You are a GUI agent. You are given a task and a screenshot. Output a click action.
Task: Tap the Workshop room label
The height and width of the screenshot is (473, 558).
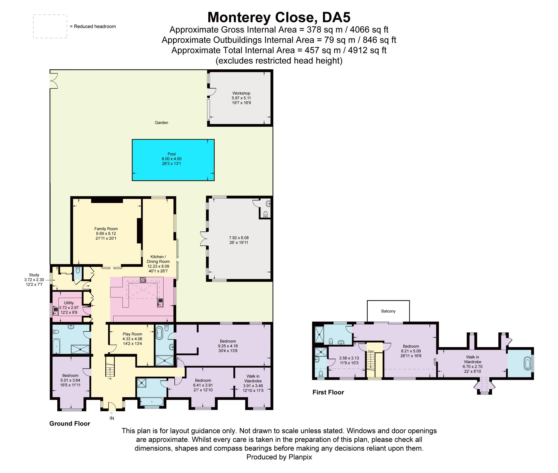pyautogui.click(x=241, y=93)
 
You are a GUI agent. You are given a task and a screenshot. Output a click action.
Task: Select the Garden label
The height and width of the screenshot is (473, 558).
pyautogui.click(x=161, y=123)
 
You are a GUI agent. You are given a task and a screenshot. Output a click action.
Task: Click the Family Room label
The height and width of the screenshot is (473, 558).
pyautogui.click(x=106, y=229)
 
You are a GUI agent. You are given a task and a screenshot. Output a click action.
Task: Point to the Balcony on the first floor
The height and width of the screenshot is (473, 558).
pyautogui.click(x=388, y=311)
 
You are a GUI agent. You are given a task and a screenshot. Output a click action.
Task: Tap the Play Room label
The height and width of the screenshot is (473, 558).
pyautogui.click(x=132, y=334)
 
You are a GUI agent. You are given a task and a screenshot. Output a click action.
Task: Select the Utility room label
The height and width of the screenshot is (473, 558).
pyautogui.click(x=69, y=303)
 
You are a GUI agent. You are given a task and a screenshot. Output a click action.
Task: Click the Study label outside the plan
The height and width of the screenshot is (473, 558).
pyautogui.click(x=34, y=275)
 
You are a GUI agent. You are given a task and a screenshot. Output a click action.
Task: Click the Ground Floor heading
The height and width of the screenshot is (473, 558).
pyautogui.click(x=70, y=423)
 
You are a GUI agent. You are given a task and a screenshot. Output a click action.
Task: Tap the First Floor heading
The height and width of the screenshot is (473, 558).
pyautogui.click(x=328, y=392)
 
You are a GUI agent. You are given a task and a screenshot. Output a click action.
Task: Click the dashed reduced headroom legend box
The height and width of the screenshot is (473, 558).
pyautogui.click(x=50, y=26)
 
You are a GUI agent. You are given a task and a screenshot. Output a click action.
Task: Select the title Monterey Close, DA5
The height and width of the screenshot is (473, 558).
pyautogui.click(x=279, y=17)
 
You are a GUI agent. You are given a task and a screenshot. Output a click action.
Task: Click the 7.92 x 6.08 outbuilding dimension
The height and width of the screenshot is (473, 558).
pyautogui.click(x=239, y=238)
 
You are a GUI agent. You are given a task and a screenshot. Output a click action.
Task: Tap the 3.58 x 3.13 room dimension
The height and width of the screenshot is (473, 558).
pyautogui.click(x=349, y=358)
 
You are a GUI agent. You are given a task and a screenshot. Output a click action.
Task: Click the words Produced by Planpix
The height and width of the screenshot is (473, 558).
pyautogui.click(x=279, y=457)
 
